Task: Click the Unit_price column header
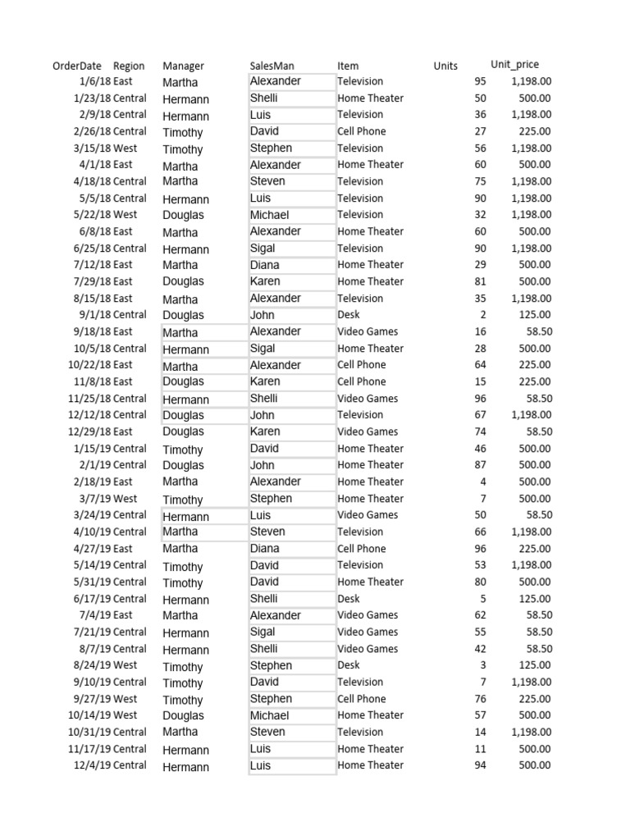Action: [x=514, y=65]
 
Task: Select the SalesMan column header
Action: [x=272, y=66]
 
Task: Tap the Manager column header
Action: [x=183, y=66]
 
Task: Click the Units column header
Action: [x=445, y=66]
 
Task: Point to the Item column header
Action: [x=348, y=66]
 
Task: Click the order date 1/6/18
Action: [x=95, y=81]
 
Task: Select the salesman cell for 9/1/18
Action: [x=262, y=315]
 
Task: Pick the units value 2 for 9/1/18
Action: [x=482, y=315]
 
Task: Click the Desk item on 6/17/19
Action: [x=349, y=599]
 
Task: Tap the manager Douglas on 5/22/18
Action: [x=183, y=215]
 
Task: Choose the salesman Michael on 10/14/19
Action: [x=270, y=715]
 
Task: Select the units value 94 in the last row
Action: [x=480, y=765]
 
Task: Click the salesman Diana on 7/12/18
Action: [x=265, y=265]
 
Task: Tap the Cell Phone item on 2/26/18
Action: [x=361, y=131]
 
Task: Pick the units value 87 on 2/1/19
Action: [x=480, y=465]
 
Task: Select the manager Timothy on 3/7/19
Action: [x=182, y=500]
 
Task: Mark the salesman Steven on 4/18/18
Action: [x=267, y=181]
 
